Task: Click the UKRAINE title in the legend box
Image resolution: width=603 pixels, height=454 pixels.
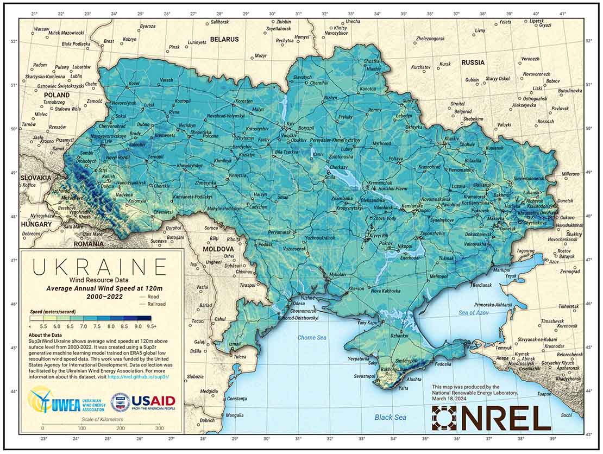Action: point(99,267)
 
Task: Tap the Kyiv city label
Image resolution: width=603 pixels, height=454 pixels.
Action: point(291,124)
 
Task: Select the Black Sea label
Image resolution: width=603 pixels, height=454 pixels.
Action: point(391,417)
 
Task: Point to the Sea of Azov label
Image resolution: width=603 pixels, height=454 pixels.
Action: point(474,312)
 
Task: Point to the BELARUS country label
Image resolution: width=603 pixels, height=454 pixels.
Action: point(224,40)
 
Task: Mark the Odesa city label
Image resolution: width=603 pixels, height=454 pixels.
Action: point(299,304)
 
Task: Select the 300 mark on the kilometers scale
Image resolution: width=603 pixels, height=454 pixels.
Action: point(160,428)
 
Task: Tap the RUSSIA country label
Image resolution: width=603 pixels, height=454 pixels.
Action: point(473,62)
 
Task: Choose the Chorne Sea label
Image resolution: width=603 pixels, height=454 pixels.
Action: point(312,338)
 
